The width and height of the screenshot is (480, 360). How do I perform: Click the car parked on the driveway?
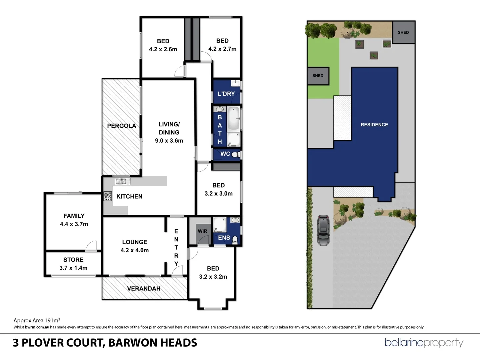(323, 230)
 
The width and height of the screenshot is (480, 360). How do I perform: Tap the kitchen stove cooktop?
(108, 196)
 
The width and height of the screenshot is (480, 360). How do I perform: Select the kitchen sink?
(122, 181)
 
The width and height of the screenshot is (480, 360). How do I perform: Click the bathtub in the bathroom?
(234, 118)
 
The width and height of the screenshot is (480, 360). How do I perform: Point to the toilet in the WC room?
(235, 154)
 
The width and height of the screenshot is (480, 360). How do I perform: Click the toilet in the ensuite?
(235, 240)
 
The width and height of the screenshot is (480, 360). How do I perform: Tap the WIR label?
(202, 231)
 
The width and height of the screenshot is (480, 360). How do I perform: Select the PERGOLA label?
(121, 126)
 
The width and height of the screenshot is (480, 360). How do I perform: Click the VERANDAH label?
(144, 288)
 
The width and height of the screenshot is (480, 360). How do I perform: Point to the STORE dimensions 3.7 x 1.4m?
(73, 268)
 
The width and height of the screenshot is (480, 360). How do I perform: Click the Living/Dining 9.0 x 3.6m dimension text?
(169, 141)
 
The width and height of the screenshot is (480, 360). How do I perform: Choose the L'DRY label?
(226, 94)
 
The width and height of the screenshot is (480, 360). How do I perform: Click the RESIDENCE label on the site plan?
(374, 125)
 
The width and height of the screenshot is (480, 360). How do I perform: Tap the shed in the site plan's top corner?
(403, 32)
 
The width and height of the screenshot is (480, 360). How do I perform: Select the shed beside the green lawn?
(318, 76)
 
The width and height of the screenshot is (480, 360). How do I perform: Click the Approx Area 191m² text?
(37, 320)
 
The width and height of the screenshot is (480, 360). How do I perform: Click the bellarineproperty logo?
(424, 343)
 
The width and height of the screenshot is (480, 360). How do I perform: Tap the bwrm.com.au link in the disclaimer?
(37, 327)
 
